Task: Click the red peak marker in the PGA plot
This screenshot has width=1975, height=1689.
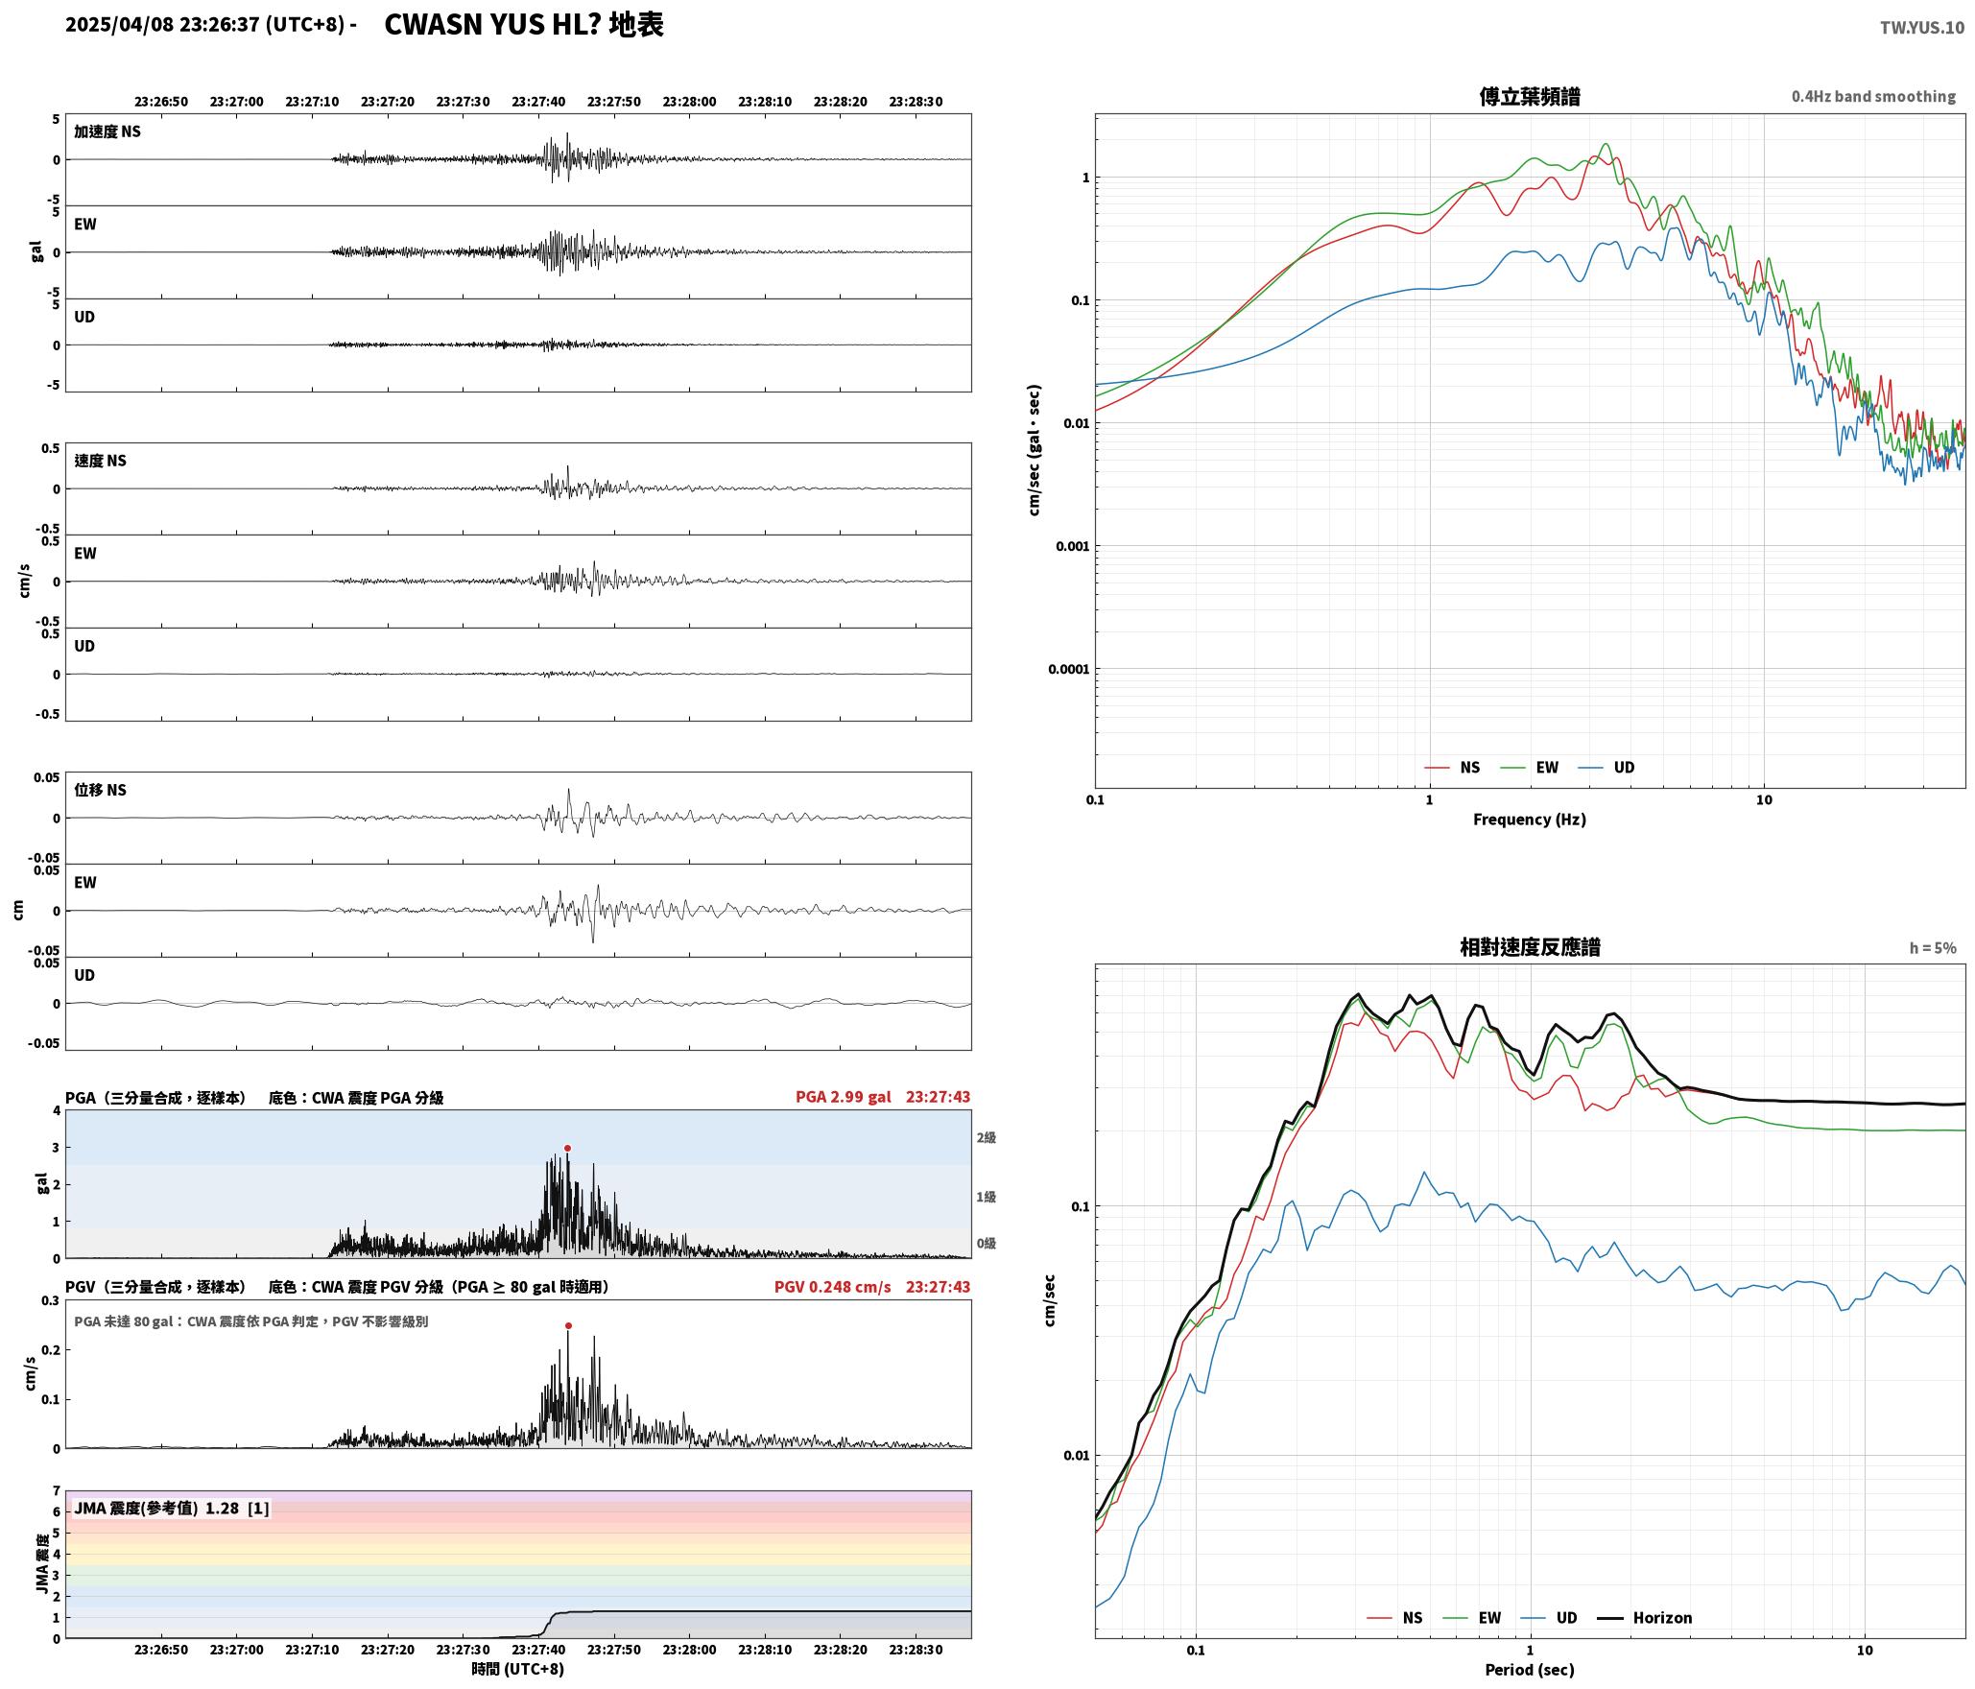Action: (x=567, y=1149)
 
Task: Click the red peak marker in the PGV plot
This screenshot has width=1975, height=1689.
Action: (x=568, y=1326)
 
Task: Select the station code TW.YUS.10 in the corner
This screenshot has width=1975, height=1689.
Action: (x=1921, y=28)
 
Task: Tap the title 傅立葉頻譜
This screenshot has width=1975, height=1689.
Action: (x=1530, y=96)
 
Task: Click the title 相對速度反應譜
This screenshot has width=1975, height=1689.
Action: (x=1530, y=947)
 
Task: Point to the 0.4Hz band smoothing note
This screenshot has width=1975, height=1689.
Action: (x=1873, y=97)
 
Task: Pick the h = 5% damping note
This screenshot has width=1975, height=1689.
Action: (x=1933, y=948)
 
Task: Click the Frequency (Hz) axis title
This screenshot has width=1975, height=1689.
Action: (x=1530, y=820)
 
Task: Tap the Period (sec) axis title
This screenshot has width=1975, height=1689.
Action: (x=1530, y=1670)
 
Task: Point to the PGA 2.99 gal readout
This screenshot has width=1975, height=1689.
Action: (x=843, y=1097)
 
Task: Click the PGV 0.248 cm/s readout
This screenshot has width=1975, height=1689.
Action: (x=832, y=1287)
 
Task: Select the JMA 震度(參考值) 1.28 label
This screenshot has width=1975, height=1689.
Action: (x=156, y=1509)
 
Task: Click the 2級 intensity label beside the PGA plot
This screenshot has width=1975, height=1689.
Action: (x=986, y=1138)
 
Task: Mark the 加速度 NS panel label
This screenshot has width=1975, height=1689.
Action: (x=107, y=131)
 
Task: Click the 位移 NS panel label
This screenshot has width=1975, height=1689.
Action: (x=101, y=790)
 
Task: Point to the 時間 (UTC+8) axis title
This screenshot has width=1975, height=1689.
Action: (x=518, y=1670)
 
